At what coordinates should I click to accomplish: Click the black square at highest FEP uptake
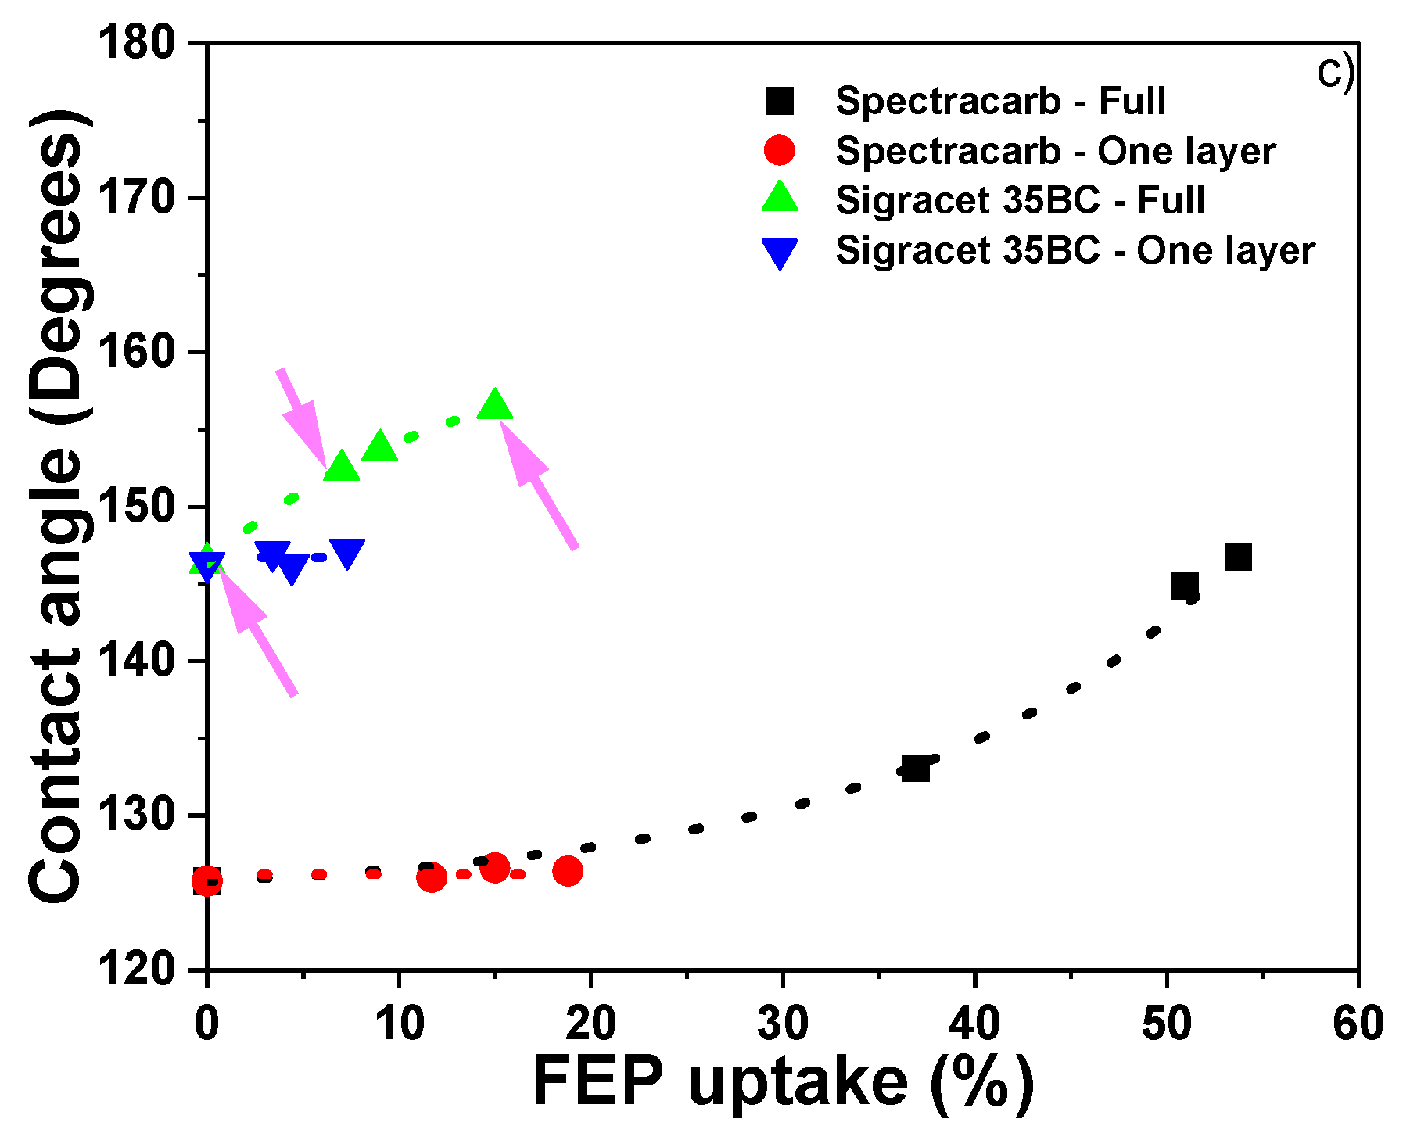pos(1238,557)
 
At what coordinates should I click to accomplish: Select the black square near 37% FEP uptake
pos(915,768)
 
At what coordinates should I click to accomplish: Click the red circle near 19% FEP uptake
pos(568,870)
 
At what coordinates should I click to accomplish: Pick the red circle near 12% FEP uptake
pos(431,877)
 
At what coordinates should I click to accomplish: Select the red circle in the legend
pos(779,150)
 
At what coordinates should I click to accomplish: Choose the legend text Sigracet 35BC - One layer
pos(1075,251)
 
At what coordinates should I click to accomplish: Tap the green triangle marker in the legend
pos(779,198)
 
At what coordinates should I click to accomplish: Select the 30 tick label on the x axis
pos(783,1024)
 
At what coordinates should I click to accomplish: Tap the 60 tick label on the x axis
pos(1358,1024)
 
